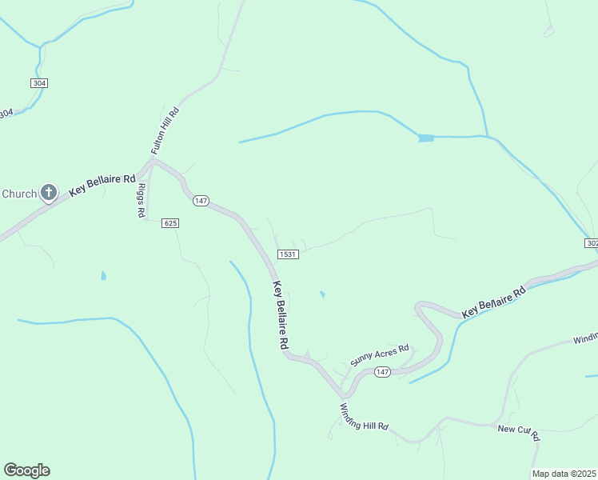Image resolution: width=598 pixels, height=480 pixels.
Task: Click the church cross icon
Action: click(49, 192)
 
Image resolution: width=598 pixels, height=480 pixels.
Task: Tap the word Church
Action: click(19, 194)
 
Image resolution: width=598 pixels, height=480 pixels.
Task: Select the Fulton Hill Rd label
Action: click(165, 129)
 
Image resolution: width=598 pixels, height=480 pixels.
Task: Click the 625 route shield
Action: click(169, 222)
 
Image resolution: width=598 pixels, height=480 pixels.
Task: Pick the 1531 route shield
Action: click(288, 254)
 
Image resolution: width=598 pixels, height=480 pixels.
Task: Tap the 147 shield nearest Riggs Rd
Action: click(201, 201)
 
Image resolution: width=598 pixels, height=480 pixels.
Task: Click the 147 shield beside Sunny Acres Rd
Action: click(382, 373)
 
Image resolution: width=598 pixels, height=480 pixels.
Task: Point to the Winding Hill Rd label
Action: click(363, 416)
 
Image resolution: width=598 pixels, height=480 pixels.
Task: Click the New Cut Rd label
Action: click(520, 432)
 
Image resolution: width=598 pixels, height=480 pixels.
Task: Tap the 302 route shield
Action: click(592, 243)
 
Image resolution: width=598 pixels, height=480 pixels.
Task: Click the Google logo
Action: click(26, 470)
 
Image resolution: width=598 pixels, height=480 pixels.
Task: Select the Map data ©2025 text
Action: click(564, 474)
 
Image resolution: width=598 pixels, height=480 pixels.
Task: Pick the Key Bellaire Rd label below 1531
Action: click(281, 314)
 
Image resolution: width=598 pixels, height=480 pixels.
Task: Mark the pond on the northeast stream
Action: click(425, 138)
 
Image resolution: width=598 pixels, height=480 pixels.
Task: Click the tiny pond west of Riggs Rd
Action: click(103, 276)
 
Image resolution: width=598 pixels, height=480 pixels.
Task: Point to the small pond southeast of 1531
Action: click(322, 294)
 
